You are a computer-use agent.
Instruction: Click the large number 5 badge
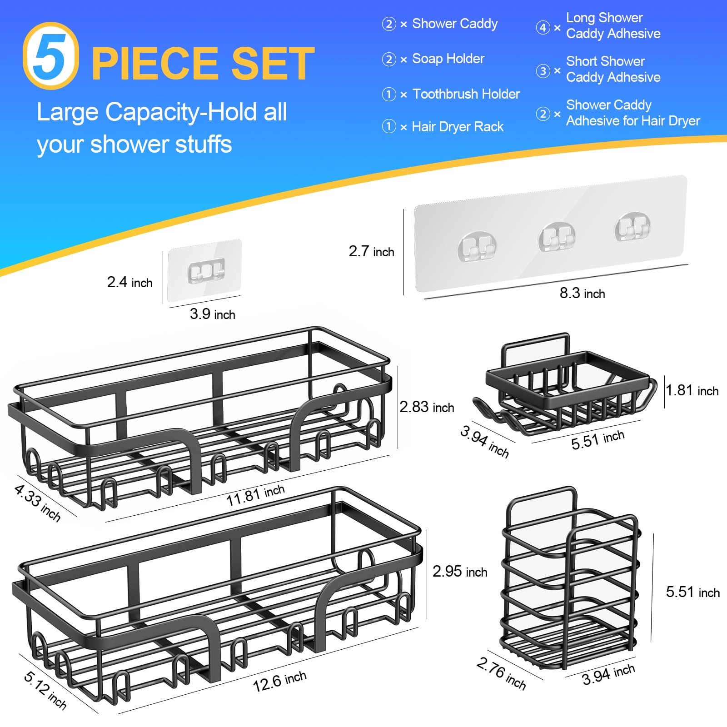(51, 55)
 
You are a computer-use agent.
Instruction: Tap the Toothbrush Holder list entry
(465, 94)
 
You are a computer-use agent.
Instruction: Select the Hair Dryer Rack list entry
(457, 127)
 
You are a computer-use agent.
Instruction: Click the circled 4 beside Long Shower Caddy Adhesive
(543, 27)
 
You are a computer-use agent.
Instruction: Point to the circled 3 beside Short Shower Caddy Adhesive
(543, 71)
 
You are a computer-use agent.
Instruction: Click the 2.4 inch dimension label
(129, 282)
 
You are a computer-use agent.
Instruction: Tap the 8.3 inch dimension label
(582, 293)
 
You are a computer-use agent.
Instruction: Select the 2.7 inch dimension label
(371, 251)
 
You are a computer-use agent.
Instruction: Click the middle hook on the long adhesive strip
(556, 237)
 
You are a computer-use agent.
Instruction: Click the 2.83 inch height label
(426, 407)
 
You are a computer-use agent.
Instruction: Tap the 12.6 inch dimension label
(279, 681)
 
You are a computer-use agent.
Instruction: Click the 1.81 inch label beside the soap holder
(692, 390)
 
